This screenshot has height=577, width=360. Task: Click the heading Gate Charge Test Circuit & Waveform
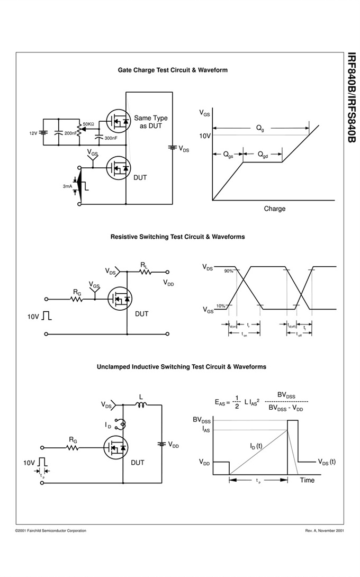click(173, 70)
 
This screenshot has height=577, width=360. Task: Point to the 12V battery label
click(33, 133)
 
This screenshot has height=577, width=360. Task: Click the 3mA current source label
click(67, 186)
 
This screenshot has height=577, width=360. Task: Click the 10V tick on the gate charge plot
click(205, 136)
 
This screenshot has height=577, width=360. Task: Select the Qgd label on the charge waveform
click(263, 155)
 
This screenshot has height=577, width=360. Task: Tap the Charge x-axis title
click(274, 209)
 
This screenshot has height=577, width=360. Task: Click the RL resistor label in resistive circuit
click(144, 264)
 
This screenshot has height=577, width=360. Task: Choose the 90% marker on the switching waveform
click(229, 271)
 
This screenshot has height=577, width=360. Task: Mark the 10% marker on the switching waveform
click(220, 306)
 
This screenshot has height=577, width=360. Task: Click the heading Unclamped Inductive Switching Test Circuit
click(182, 366)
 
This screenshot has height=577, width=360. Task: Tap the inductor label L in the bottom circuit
click(141, 396)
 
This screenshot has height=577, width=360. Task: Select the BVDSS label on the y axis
click(202, 420)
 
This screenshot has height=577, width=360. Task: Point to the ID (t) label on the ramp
click(256, 446)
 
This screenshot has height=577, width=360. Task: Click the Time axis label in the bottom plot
click(307, 480)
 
